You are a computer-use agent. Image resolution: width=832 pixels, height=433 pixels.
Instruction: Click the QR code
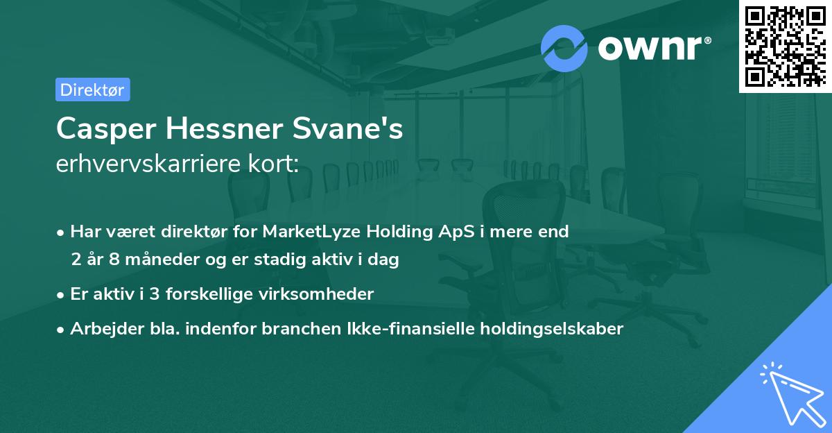(785, 46)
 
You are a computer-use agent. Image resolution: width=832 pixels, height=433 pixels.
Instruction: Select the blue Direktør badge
(92, 90)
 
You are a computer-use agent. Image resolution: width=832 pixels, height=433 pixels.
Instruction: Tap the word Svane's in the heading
(361, 129)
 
